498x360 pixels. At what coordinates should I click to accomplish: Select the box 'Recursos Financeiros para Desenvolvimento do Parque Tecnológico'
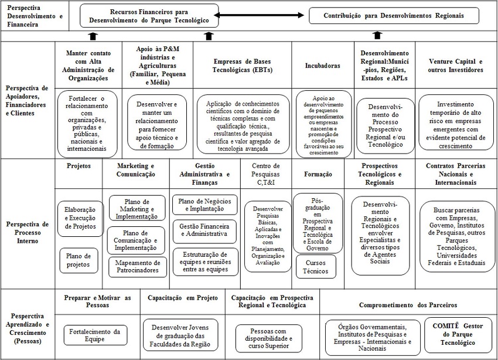149,16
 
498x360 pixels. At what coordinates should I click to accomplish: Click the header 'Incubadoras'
322,66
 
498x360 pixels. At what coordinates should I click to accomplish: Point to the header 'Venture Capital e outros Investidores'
456,66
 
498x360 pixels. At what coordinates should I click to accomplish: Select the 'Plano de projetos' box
79,260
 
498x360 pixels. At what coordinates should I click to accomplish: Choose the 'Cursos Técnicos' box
315,267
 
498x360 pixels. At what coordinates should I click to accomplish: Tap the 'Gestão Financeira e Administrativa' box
205,230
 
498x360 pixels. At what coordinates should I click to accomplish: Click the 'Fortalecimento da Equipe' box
95,335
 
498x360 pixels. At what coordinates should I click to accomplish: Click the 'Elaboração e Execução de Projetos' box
81,218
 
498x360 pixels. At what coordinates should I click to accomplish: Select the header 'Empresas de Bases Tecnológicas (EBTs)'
242,66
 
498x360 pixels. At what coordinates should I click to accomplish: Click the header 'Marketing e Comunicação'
136,170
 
